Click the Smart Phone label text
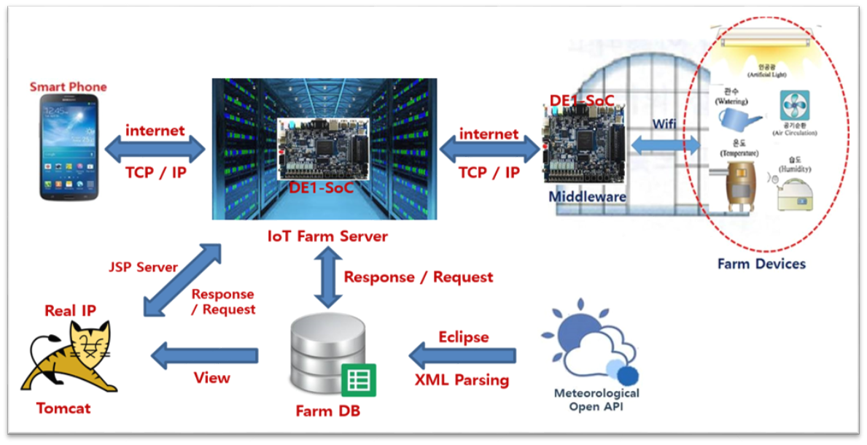pos(68,87)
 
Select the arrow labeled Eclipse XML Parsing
pos(462,357)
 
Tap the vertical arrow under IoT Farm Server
pos(328,277)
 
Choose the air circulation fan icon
pos(794,107)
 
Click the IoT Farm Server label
pos(327,236)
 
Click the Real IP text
pos(70,311)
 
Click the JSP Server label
pos(143,267)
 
